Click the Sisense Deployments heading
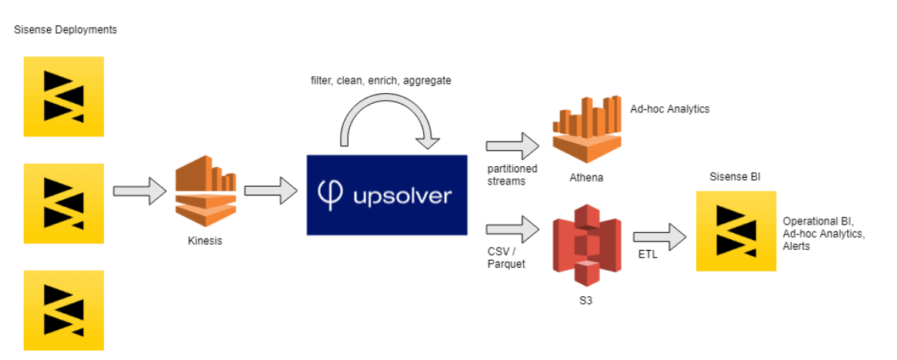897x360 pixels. click(65, 29)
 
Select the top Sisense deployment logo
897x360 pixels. click(64, 96)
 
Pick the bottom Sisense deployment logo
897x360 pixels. click(64, 310)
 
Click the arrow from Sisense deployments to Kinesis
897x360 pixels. click(139, 192)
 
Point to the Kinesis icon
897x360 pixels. click(206, 192)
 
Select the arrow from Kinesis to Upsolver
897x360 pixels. click(271, 192)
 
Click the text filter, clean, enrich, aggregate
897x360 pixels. click(381, 80)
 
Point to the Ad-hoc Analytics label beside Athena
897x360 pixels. click(669, 109)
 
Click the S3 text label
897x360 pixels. click(586, 300)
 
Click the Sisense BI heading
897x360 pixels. click(735, 177)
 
